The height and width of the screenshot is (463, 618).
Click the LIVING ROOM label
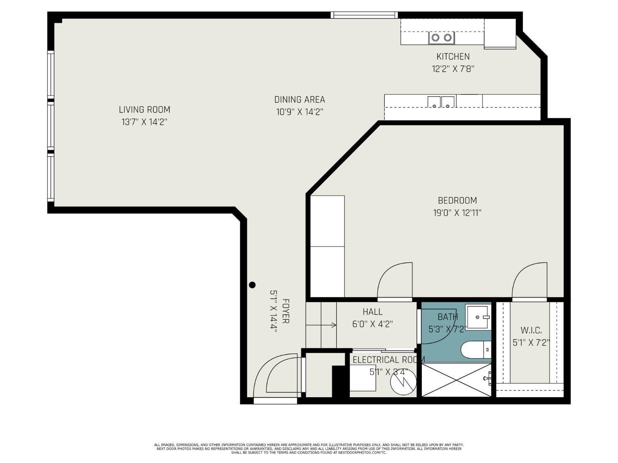point(144,109)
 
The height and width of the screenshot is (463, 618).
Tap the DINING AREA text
point(300,100)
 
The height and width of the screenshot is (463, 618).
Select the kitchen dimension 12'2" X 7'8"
point(453,69)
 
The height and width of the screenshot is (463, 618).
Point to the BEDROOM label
point(457,200)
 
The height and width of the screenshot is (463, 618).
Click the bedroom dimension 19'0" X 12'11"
point(457,213)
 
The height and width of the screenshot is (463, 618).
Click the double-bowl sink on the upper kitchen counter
point(442,38)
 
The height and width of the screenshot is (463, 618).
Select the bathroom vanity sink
point(478,317)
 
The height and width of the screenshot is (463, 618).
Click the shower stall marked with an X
point(456,379)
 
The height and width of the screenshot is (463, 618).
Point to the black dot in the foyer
point(253,285)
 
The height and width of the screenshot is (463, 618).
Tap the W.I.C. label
point(531,330)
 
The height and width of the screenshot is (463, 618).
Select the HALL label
point(372,312)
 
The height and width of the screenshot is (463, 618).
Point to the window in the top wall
point(365,15)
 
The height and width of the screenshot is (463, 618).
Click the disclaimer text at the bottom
point(309,449)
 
